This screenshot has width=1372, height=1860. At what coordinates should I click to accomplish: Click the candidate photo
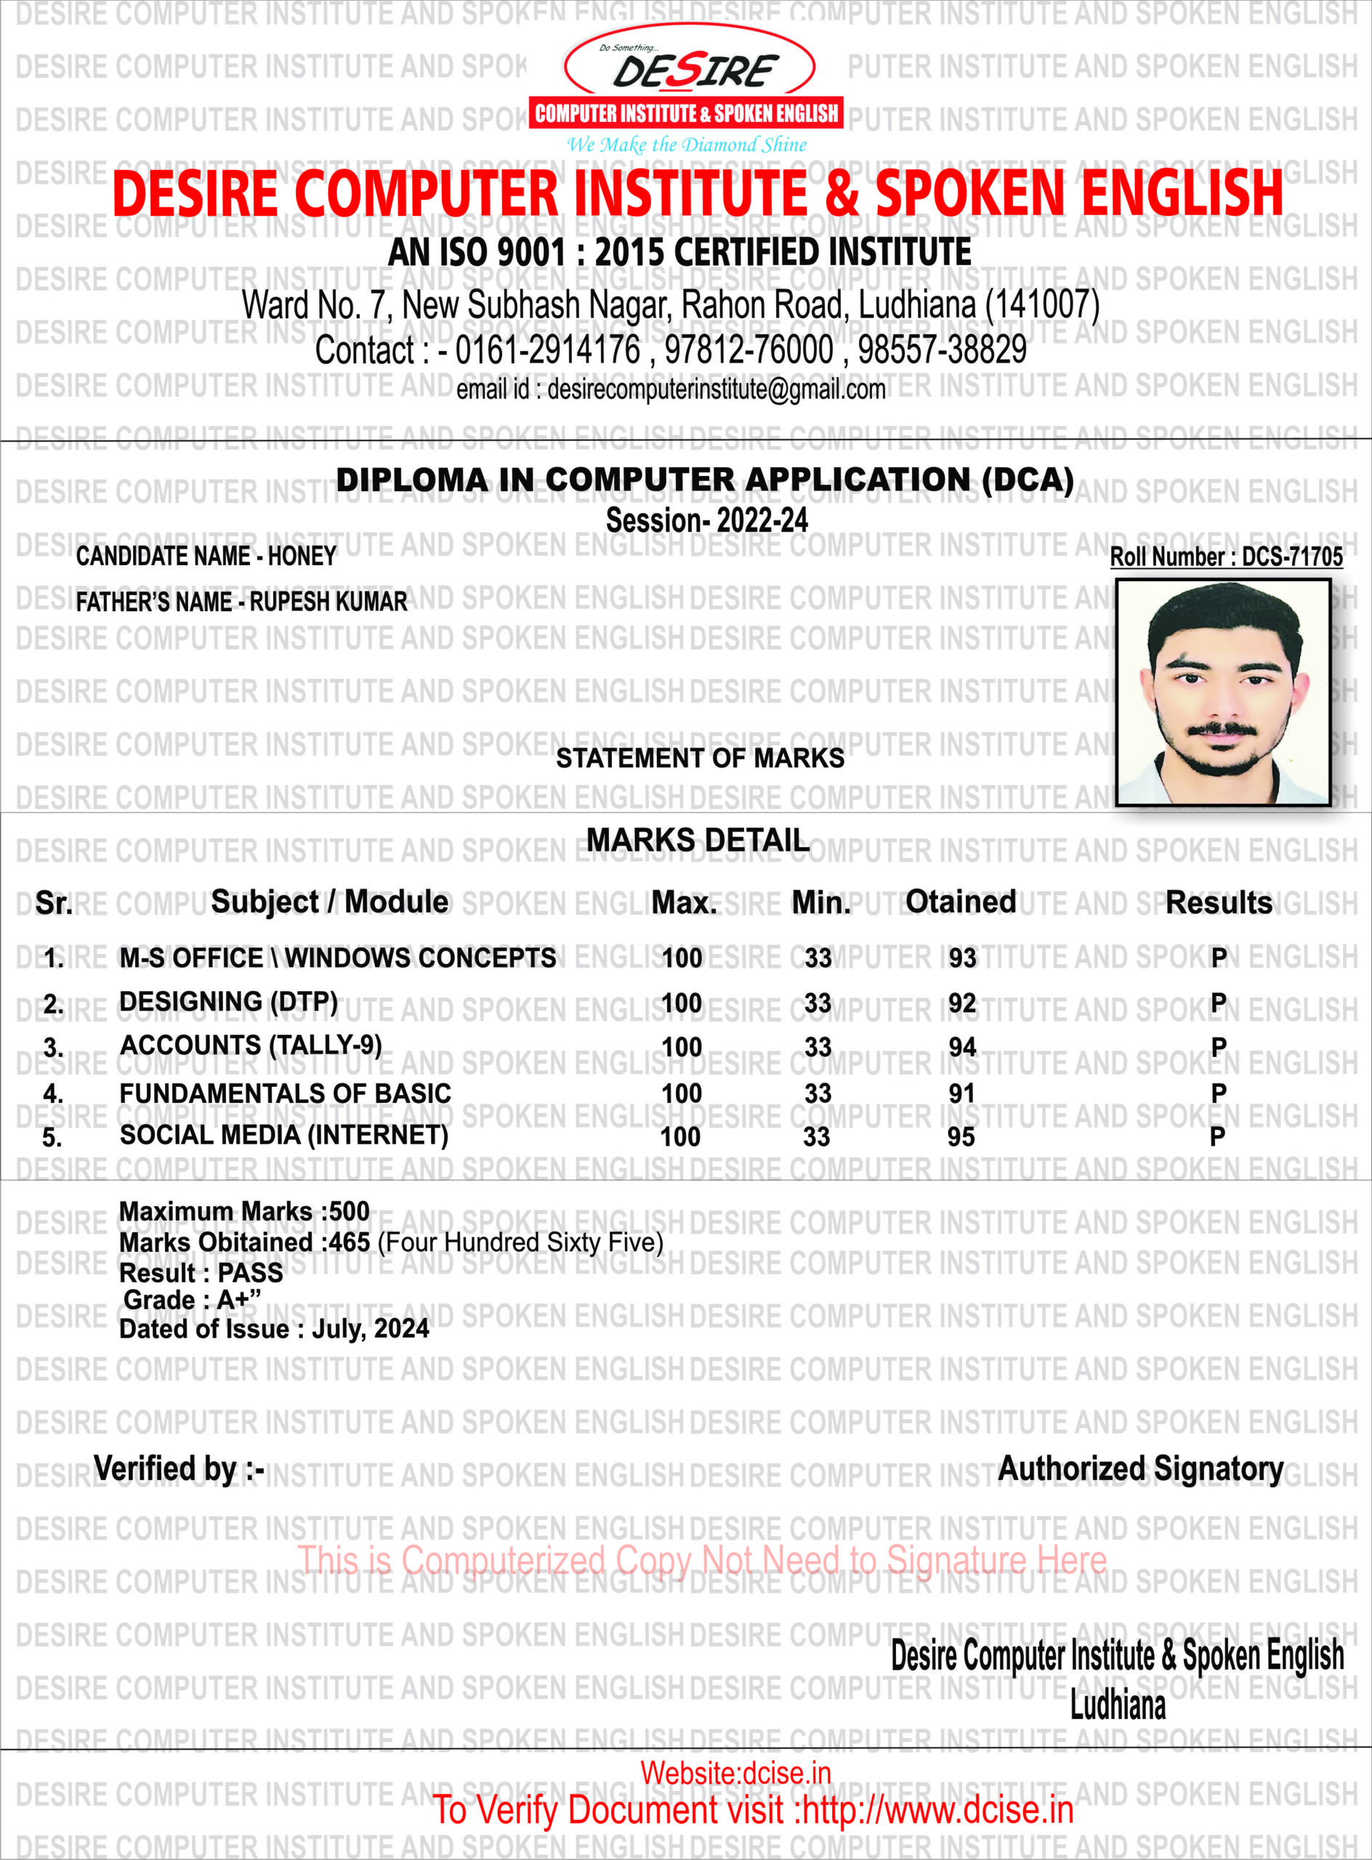pyautogui.click(x=1222, y=692)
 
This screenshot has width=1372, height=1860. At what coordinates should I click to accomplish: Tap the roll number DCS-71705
pyautogui.click(x=1291, y=557)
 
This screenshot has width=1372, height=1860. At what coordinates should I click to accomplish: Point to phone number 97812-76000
pyautogui.click(x=748, y=349)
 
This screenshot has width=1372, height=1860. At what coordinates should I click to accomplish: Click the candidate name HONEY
pyautogui.click(x=302, y=557)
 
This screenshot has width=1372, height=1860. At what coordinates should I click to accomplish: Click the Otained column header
pyautogui.click(x=960, y=901)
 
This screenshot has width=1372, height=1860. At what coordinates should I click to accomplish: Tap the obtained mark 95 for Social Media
pyautogui.click(x=961, y=1137)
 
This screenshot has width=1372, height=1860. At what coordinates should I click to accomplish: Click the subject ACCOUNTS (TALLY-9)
pyautogui.click(x=251, y=1045)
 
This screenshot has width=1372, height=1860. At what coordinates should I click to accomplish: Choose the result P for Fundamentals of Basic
pyautogui.click(x=1219, y=1093)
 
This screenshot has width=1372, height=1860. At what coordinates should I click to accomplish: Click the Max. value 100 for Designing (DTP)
pyautogui.click(x=681, y=1003)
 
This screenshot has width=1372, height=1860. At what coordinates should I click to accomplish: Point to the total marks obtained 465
pyautogui.click(x=349, y=1242)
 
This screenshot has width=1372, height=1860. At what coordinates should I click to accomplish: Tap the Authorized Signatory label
pyautogui.click(x=1140, y=1468)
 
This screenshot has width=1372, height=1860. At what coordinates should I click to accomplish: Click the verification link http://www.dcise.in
pyautogui.click(x=937, y=1809)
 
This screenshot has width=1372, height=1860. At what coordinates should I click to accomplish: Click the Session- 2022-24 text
pyautogui.click(x=707, y=521)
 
